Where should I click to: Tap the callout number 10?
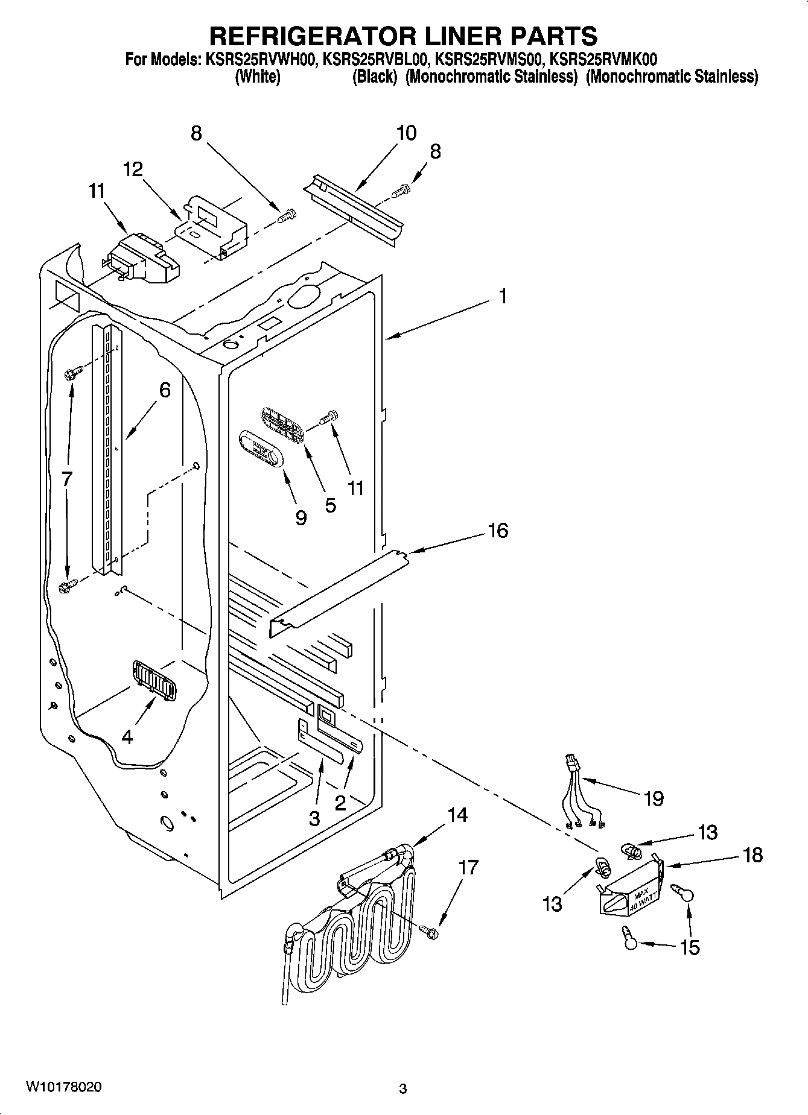coord(406,133)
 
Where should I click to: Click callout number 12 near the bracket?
coord(133,169)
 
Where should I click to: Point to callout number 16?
coord(498,531)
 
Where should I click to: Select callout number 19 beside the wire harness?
coord(654,798)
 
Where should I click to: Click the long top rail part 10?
coord(355,207)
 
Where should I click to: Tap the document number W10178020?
coord(63,1087)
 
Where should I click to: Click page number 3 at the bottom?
coord(403,1088)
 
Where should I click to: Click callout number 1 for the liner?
coord(502,297)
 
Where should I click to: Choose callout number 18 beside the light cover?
coord(752,854)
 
